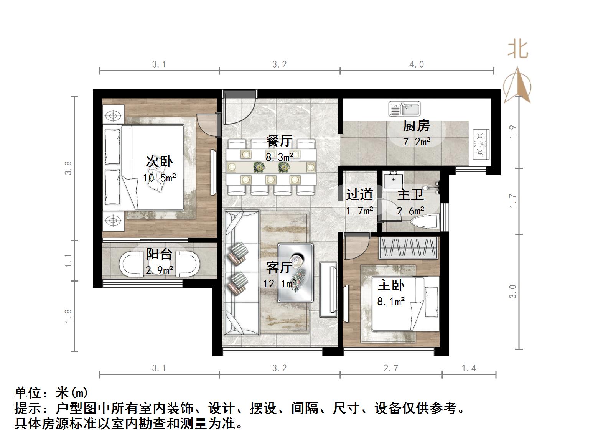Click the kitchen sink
(405, 109)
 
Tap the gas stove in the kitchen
(482, 144)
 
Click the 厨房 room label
(416, 126)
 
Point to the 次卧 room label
(159, 162)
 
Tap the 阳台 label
(159, 254)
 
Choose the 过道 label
(359, 194)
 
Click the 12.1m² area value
(279, 283)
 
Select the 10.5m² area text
(159, 178)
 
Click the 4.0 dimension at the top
(416, 64)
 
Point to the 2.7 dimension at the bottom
(390, 368)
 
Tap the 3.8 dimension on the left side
(68, 168)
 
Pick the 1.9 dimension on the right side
(513, 132)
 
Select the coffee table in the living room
(295, 272)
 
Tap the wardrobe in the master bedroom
(408, 247)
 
